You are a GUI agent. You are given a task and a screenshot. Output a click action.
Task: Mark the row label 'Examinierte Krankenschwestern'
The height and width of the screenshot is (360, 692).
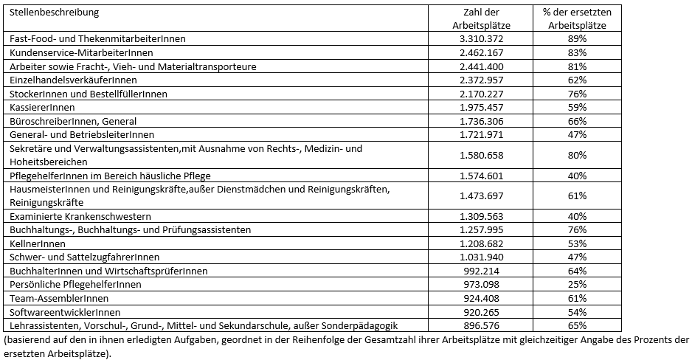click(x=80, y=216)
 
